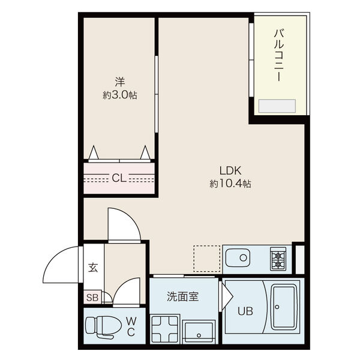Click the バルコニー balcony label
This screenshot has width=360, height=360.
click(x=279, y=55)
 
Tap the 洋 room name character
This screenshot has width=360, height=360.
click(x=119, y=80)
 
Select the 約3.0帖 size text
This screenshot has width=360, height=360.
click(x=119, y=94)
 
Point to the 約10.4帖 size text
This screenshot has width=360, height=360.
click(x=230, y=183)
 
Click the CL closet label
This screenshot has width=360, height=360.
click(x=119, y=178)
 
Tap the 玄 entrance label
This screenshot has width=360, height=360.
click(x=94, y=268)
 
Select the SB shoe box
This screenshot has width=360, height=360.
click(x=93, y=296)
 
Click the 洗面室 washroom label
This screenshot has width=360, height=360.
click(x=182, y=296)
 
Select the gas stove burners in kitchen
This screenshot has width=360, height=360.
click(x=278, y=259)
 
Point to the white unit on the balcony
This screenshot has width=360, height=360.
click(x=277, y=107)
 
